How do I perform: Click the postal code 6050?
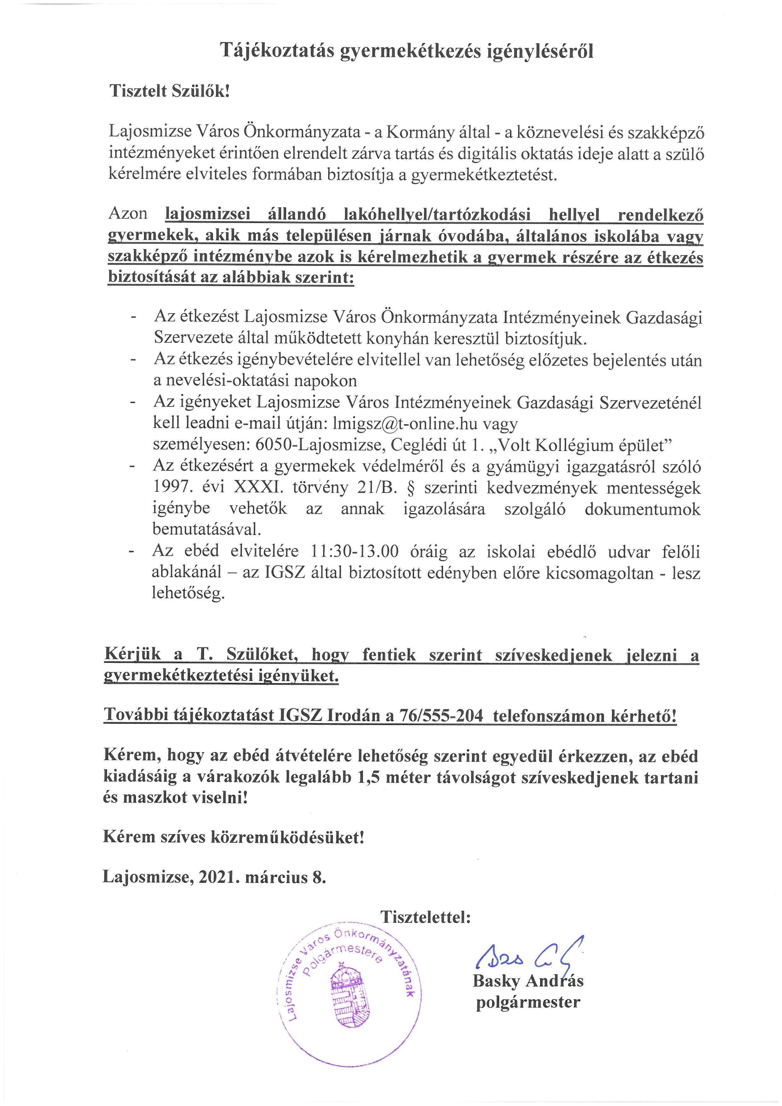click(271, 445)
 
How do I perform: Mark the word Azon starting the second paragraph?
click(128, 214)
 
